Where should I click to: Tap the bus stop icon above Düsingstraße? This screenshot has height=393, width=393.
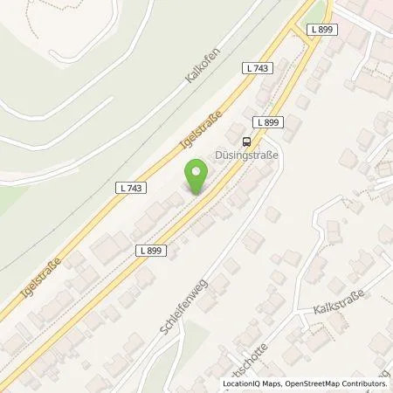(x=247, y=141)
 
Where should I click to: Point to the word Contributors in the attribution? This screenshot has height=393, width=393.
(x=367, y=384)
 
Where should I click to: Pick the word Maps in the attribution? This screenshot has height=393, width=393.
(x=271, y=384)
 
